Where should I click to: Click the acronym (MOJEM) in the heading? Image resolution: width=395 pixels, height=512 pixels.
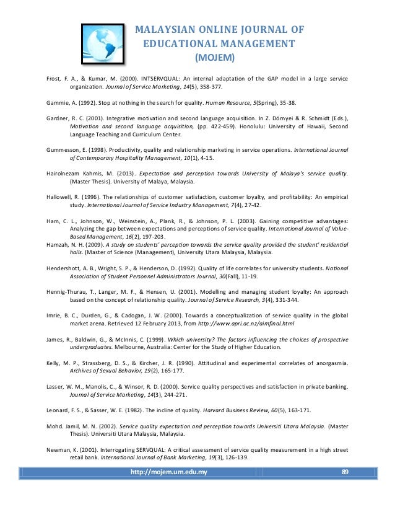214,58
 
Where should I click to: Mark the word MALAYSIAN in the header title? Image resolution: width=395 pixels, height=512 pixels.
165,30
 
